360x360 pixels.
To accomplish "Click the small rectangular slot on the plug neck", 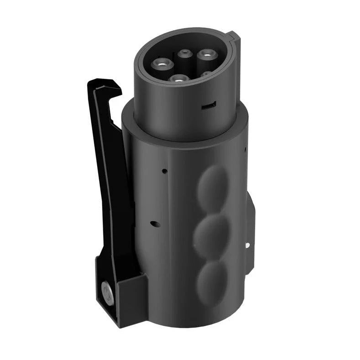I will (209, 105).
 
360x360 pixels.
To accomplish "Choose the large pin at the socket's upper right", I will (206, 56).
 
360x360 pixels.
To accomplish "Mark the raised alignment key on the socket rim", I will (232, 39).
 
